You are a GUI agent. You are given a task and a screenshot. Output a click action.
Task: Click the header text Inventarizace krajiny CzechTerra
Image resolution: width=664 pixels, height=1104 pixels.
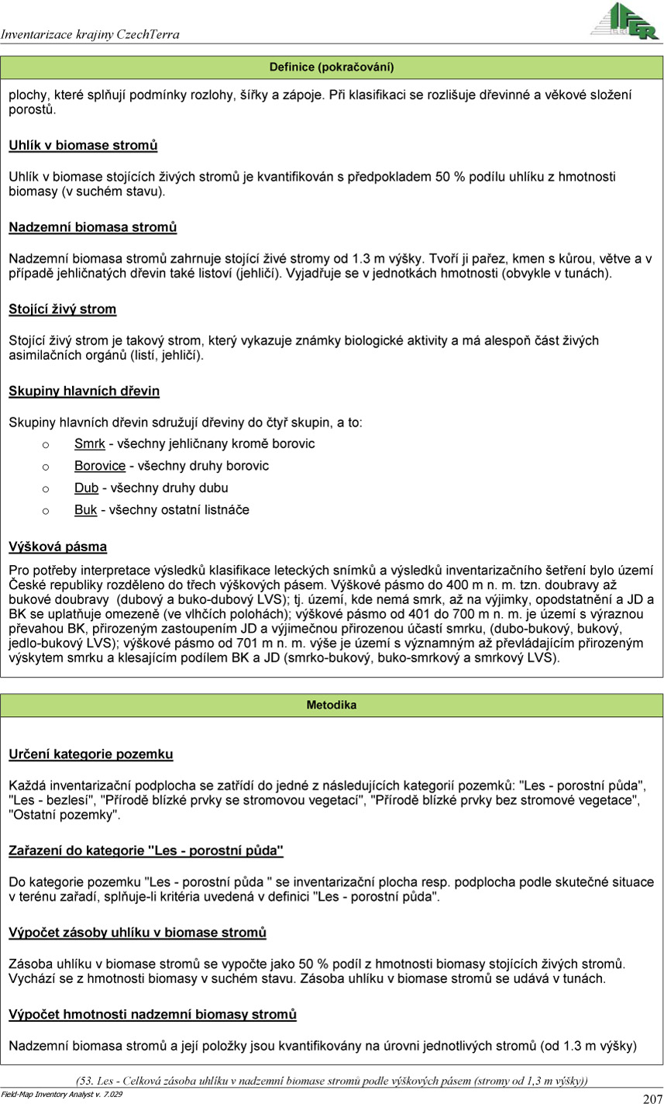coord(90,35)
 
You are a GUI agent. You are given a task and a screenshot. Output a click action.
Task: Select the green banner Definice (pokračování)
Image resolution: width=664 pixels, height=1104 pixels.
coord(332,67)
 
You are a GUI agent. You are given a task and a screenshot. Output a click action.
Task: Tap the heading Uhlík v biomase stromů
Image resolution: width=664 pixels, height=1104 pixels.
coord(83,146)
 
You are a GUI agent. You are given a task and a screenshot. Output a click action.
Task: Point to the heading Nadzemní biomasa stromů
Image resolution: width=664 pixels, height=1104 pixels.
coord(92,227)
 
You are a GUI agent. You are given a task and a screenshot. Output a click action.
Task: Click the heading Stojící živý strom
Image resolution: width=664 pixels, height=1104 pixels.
coord(62,309)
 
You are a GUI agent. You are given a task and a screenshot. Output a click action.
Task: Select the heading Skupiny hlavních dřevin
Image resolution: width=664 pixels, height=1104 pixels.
coord(84,391)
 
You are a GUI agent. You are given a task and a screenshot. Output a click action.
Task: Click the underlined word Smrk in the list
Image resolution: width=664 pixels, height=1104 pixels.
coord(89,444)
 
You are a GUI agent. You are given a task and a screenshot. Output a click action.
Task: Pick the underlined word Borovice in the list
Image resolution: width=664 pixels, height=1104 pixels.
coord(99,466)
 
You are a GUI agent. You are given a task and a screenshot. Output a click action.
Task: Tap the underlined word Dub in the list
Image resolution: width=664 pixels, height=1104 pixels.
coord(86,488)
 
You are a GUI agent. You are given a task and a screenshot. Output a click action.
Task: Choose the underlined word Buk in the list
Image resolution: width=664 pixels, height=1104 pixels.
coord(85,510)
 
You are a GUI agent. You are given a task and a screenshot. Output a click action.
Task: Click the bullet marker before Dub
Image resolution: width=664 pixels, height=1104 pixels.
coord(46,489)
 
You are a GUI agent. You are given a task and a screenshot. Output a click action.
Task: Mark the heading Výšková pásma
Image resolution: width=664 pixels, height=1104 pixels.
coord(57,547)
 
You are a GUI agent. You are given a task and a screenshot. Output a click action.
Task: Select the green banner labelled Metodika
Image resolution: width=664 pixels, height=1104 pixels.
coord(332,706)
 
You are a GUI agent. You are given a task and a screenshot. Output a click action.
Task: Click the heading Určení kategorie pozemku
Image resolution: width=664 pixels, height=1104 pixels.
coord(91,754)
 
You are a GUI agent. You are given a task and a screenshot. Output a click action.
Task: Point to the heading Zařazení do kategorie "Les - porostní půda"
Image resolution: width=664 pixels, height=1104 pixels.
coord(146,851)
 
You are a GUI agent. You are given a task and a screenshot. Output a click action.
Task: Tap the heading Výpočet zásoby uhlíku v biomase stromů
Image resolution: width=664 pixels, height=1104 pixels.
coord(137,933)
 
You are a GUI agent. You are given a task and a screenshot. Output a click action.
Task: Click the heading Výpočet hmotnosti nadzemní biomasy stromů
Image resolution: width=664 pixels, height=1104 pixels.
coord(153,1014)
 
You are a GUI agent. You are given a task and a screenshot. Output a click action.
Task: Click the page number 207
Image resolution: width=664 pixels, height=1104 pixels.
coord(652,1098)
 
